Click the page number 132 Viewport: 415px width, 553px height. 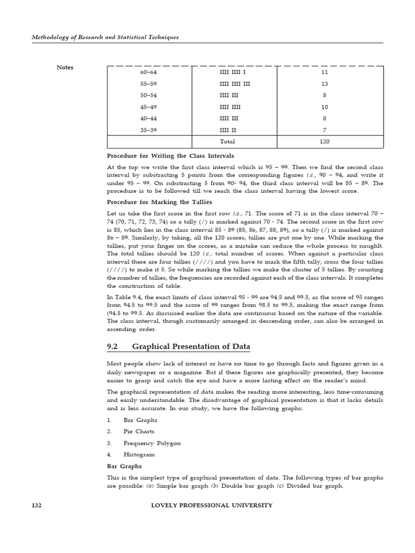[x=36, y=505]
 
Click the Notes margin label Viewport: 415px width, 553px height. [x=65, y=68]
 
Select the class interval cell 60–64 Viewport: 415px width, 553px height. [x=148, y=72]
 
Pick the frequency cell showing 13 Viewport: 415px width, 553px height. [x=324, y=84]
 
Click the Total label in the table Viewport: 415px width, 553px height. [x=227, y=141]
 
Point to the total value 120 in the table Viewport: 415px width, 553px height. [x=324, y=141]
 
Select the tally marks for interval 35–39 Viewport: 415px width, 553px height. [x=227, y=130]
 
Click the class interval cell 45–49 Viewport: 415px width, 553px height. [x=148, y=107]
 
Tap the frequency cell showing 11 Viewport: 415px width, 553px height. [x=324, y=72]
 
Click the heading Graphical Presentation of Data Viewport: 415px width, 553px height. [x=191, y=346]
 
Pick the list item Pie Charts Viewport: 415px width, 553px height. [x=139, y=431]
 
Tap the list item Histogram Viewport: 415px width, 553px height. [x=139, y=455]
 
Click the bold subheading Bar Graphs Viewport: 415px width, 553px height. [x=124, y=466]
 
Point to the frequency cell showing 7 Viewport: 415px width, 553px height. [x=324, y=130]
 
